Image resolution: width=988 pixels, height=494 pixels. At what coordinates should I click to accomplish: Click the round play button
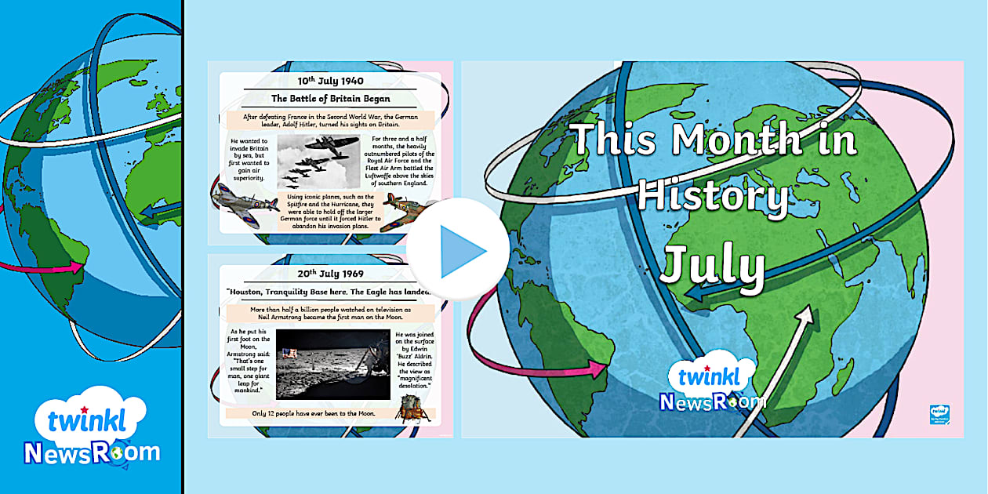(x=447, y=249)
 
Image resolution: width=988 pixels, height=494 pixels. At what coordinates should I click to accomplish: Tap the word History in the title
(x=711, y=196)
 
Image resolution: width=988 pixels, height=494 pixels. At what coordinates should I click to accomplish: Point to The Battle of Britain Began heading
(x=330, y=99)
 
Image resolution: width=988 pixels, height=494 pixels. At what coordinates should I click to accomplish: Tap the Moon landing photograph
(x=332, y=363)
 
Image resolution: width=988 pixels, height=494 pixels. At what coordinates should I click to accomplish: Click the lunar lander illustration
(x=412, y=408)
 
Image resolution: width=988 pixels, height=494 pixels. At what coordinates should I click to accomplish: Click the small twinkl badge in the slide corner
(x=939, y=414)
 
